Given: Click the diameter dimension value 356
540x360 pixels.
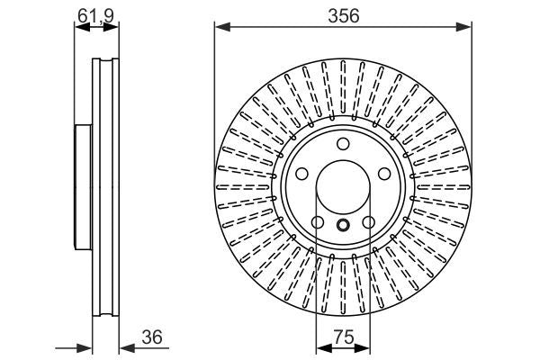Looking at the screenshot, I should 343,15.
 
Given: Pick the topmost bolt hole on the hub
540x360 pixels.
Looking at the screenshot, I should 343,145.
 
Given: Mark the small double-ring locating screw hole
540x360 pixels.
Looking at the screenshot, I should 343,226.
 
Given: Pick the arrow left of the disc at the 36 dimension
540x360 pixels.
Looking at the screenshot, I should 87,347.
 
